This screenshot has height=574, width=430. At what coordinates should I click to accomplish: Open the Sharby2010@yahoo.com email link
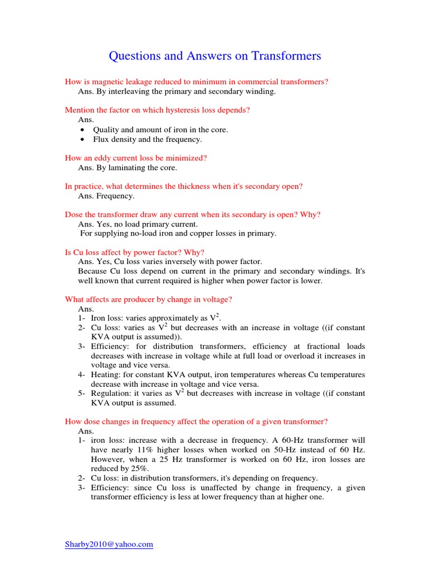[x=109, y=544]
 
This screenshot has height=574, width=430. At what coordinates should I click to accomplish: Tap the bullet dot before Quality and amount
[x=82, y=130]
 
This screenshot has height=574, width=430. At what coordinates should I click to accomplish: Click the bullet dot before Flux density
[x=82, y=140]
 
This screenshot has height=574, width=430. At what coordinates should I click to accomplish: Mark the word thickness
[x=190, y=186]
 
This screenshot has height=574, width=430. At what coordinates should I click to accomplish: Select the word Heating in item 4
[x=105, y=374]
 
